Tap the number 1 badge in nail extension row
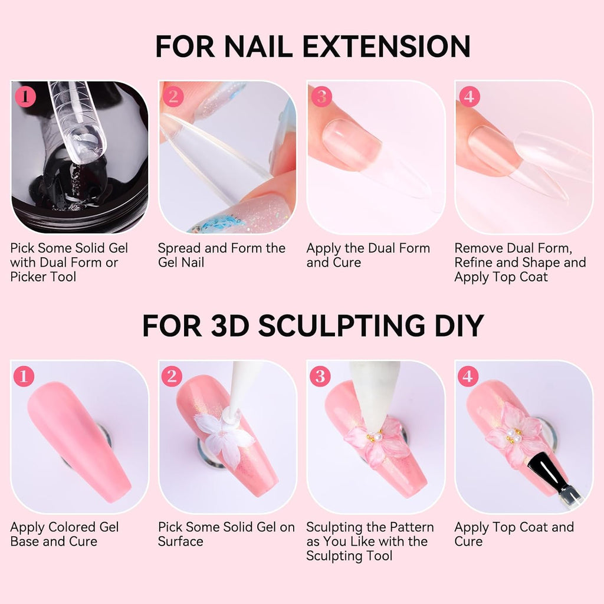25,96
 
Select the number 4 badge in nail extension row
469,96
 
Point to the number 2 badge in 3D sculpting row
172,376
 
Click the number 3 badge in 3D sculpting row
320,376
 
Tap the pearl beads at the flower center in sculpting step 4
513,436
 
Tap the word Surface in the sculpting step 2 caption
180,541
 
